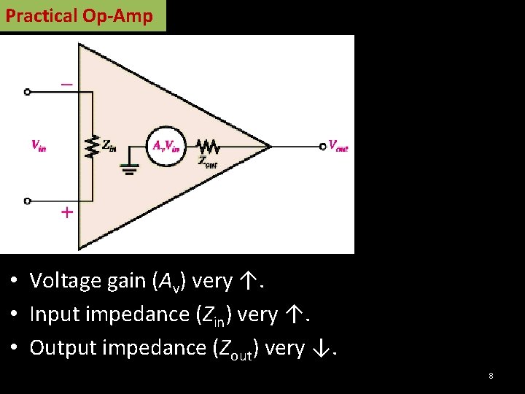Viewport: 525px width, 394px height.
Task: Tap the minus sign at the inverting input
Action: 66,85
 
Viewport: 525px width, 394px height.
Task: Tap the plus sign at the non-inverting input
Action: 66,213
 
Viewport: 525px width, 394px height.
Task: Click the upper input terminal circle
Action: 28,92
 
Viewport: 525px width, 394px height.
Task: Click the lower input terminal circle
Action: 28,200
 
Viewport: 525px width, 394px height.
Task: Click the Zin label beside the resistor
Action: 109,145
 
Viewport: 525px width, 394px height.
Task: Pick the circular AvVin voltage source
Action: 166,145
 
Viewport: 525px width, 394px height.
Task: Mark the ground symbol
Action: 131,169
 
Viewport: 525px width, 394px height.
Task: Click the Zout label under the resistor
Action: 208,162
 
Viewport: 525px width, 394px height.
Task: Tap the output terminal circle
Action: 323,146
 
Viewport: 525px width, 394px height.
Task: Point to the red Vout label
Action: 338,145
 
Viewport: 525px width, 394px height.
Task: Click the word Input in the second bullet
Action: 52,314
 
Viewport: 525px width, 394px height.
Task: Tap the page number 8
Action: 491,376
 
